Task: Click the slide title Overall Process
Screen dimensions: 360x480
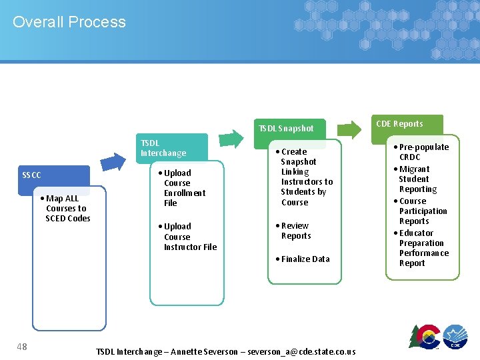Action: [69, 22]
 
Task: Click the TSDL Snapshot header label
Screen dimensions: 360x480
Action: [286, 128]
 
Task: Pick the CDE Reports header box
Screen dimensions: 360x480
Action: [399, 124]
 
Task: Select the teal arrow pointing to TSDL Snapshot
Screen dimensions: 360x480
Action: [231, 137]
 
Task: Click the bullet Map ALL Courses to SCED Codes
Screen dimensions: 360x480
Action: [67, 208]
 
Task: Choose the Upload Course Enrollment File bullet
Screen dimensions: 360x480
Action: [183, 188]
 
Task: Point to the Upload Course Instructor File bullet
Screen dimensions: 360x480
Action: [189, 237]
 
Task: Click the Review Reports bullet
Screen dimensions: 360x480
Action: [295, 231]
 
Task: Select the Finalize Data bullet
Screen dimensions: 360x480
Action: [304, 259]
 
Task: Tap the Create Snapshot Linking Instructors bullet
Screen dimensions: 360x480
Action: [305, 177]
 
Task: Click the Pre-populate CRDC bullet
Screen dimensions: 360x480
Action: [422, 152]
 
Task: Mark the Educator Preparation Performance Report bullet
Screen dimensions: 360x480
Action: [422, 248]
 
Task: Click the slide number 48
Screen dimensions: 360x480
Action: [22, 345]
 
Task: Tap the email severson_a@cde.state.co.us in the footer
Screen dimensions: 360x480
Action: [301, 351]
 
